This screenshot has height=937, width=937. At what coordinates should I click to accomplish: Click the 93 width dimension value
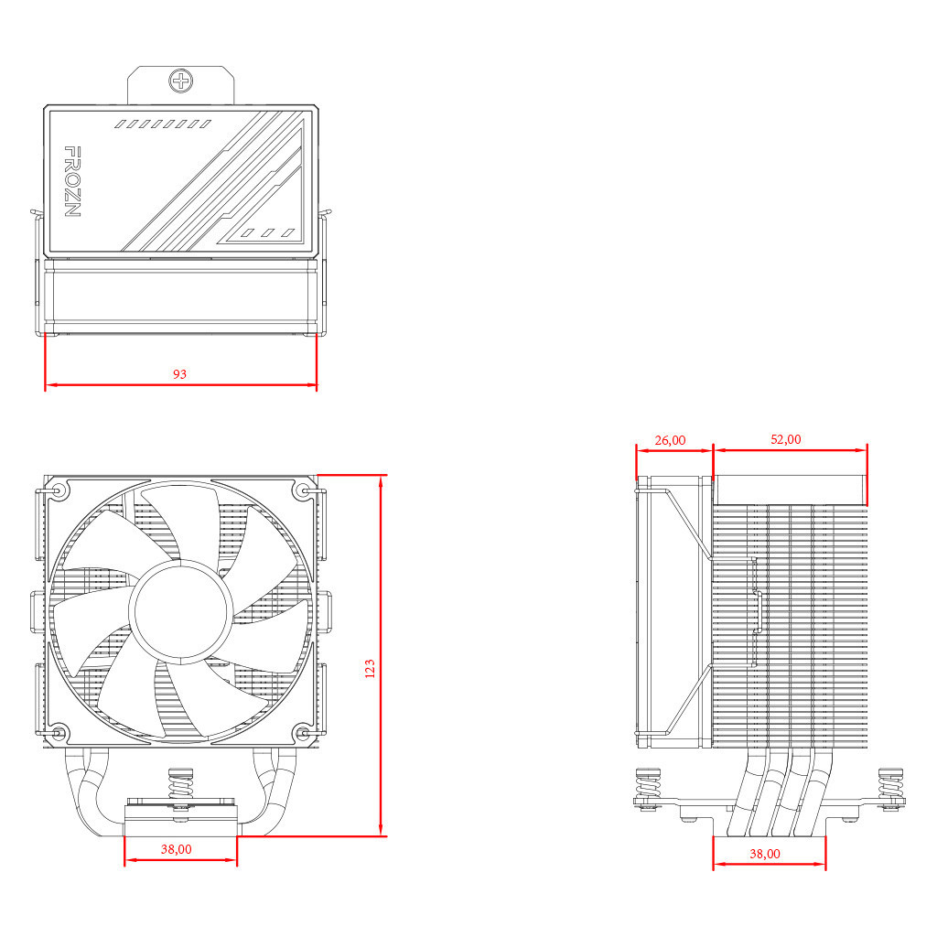tap(179, 374)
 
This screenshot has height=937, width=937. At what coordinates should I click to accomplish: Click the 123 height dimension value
tap(370, 668)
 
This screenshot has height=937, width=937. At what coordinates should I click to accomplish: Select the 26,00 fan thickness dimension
tap(670, 440)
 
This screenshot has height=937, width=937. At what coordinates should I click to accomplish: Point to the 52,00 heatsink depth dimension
tap(785, 439)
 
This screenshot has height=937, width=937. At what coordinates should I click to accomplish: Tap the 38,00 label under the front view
tap(177, 849)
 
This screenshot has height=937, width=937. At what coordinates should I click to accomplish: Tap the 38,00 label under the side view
tap(765, 854)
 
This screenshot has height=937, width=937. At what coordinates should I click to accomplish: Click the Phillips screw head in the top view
tap(181, 81)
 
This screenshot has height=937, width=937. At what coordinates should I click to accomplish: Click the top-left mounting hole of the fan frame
tap(59, 490)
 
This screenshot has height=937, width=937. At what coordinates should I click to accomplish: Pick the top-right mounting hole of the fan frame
tap(305, 490)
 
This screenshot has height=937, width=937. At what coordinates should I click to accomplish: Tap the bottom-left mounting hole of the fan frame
tap(59, 733)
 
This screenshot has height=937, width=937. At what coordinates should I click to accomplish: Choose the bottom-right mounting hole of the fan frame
tap(305, 733)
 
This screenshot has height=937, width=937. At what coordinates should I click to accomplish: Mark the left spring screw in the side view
tap(648, 788)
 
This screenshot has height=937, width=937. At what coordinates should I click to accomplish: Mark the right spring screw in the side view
tap(889, 788)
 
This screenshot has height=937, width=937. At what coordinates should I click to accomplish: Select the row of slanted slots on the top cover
tap(163, 123)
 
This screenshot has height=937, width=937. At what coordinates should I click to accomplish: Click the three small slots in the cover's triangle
tap(267, 232)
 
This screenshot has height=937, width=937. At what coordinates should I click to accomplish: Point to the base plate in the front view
tap(180, 824)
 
